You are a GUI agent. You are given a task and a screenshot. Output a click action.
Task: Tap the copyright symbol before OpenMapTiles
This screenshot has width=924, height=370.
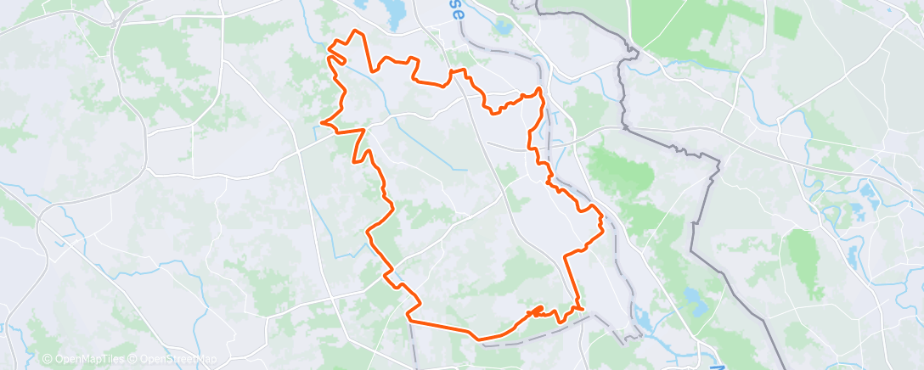pos(48,359)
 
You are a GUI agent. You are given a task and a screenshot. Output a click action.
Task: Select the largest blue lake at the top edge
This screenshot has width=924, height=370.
pos(392,11)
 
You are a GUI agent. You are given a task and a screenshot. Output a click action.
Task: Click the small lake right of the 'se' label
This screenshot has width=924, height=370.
pos(503,27)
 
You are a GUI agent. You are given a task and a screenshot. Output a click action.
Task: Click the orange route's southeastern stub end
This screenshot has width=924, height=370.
pos(583,309)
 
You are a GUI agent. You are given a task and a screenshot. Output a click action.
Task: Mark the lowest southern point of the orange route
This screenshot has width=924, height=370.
pos(480,339)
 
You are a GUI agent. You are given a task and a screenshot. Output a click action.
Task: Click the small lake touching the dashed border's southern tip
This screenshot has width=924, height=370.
pos(641,321)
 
